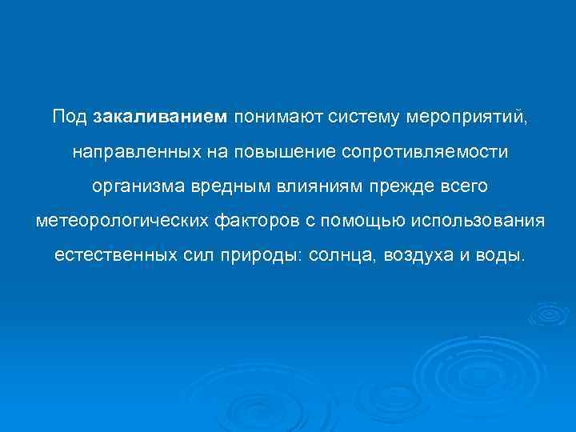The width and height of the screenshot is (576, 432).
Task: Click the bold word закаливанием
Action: pyautogui.click(x=160, y=117)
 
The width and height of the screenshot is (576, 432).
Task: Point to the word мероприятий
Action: pyautogui.click(x=468, y=118)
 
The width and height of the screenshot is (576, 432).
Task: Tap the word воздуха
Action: pyautogui.click(x=422, y=257)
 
